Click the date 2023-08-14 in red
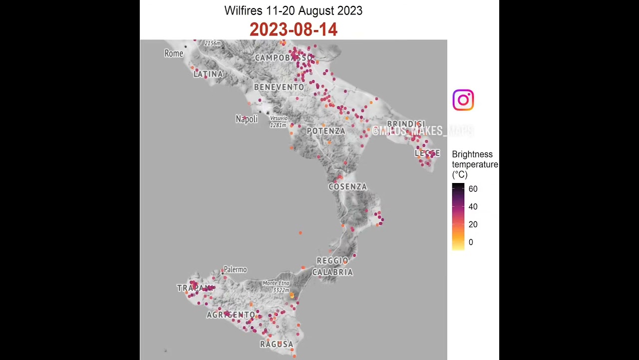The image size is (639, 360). (294, 29)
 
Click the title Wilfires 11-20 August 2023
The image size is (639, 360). (294, 10)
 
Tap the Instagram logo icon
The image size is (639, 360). (463, 100)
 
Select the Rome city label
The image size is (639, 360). (174, 53)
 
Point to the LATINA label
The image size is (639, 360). (208, 74)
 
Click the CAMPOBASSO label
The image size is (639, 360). (283, 58)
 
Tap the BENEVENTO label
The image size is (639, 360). (279, 87)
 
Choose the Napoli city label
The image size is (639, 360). (247, 119)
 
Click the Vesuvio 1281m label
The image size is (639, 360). (279, 121)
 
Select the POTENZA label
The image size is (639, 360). (326, 131)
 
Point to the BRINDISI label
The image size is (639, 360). (406, 124)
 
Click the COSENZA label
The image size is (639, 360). (347, 186)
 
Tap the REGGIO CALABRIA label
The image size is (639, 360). (332, 266)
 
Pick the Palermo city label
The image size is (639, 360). (235, 269)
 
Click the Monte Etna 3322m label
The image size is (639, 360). (276, 286)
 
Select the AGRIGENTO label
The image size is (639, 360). (231, 315)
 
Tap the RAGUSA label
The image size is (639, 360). (277, 344)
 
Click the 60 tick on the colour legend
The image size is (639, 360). (473, 189)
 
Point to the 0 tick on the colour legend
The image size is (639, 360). (471, 242)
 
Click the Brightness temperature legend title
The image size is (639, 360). (474, 164)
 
